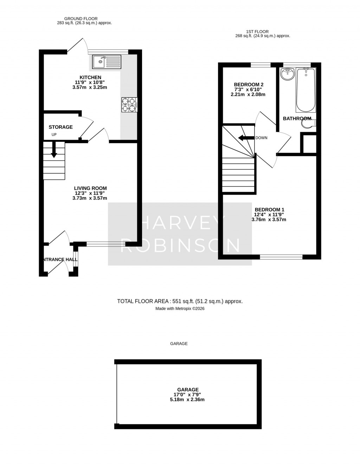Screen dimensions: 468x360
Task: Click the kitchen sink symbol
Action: [107, 62]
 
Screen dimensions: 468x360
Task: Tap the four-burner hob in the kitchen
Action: [129, 105]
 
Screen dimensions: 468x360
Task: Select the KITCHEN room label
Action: [90, 77]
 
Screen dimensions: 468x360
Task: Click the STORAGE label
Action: [60, 127]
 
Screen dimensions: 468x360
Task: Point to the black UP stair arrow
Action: [54, 150]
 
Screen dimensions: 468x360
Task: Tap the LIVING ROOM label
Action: [90, 188]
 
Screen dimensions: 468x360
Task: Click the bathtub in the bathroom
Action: [305, 90]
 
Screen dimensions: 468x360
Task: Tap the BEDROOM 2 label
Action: [249, 84]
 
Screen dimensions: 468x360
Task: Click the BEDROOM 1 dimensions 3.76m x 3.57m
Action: [269, 220]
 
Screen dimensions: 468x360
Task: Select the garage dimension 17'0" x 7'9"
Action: [188, 394]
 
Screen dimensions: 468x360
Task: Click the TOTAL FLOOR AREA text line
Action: [180, 301]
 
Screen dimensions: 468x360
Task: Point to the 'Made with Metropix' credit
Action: [180, 309]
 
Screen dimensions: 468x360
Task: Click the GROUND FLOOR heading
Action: [81, 19]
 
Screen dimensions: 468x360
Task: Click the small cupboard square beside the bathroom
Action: [309, 143]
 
